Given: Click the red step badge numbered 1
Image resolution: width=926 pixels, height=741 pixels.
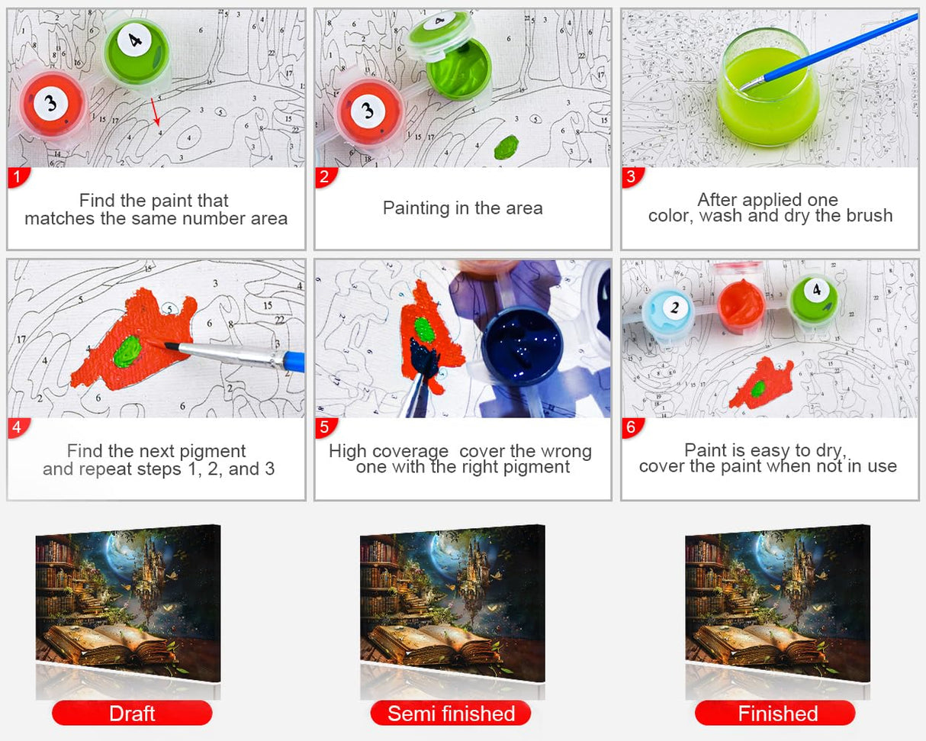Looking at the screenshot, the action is [18, 177].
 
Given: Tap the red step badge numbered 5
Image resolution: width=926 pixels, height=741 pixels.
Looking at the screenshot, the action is [325, 427].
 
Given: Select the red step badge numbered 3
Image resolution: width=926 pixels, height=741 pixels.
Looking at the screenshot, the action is [632, 177].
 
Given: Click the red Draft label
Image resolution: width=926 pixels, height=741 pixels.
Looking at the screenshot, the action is [132, 713].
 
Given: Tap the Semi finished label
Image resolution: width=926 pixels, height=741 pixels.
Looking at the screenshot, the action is [451, 713].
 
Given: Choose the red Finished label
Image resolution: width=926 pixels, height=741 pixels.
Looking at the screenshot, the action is [775, 713].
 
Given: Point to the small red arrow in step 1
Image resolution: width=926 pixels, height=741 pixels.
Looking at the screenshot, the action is [156, 112].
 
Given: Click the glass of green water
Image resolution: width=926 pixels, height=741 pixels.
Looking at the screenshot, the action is [768, 86].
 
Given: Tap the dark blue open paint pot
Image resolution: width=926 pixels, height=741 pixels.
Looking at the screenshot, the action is [522, 344].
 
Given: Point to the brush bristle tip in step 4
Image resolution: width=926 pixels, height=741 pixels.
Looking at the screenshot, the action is [149, 341].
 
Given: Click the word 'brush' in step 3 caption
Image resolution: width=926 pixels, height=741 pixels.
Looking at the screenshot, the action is [870, 216].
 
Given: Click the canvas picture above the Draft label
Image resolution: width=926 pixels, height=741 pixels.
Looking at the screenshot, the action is [128, 603].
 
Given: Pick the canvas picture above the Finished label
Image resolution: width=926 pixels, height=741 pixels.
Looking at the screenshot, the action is [777, 603].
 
